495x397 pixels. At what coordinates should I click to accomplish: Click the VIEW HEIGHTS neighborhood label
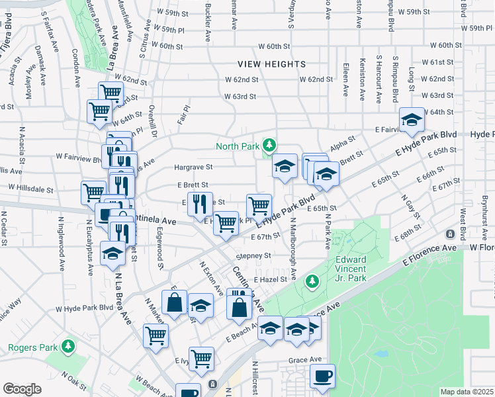[x=273, y=64]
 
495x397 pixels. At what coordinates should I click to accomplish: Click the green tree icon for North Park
[x=269, y=144]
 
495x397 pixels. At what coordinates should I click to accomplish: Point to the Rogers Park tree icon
[x=67, y=346]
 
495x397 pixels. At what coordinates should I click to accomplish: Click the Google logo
[x=22, y=389]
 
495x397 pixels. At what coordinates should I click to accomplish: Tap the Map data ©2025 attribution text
[x=467, y=392]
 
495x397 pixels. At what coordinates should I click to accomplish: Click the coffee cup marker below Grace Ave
[x=322, y=376]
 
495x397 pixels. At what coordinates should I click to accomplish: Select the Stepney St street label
[x=253, y=255]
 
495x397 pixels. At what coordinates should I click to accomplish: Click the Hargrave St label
[x=193, y=167]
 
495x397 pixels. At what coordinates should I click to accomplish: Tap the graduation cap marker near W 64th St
[x=412, y=119]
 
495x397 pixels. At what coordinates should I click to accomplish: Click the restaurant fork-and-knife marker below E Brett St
[x=199, y=203]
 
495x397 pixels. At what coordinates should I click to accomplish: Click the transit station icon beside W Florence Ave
[x=450, y=234]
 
